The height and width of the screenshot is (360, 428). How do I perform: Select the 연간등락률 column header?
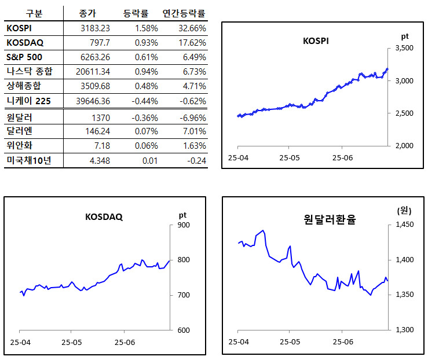click(x=185, y=13)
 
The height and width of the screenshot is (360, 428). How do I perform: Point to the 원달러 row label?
click(x=19, y=117)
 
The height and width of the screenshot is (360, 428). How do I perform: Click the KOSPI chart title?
click(x=316, y=41)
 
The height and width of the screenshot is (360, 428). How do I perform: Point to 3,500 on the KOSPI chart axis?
click(x=404, y=49)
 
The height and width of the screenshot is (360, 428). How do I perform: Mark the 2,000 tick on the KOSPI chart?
click(x=404, y=146)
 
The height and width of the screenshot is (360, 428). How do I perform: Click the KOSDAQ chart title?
click(x=104, y=217)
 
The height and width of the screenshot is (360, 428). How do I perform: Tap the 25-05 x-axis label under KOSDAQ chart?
click(x=72, y=343)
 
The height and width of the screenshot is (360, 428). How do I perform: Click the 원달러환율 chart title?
click(x=330, y=219)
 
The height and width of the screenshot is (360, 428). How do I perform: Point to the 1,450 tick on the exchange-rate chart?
click(x=404, y=225)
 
